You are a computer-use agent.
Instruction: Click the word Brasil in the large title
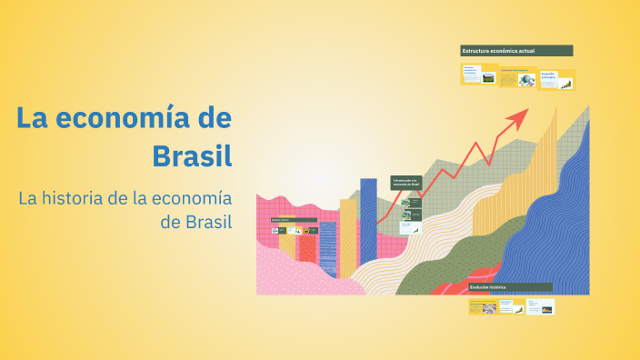pyautogui.click(x=192, y=154)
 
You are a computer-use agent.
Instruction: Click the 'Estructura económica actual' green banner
pyautogui.click(x=516, y=51)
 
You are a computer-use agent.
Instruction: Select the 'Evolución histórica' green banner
pyautogui.click(x=510, y=287)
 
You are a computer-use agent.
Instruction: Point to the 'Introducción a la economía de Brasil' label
pyautogui.click(x=405, y=183)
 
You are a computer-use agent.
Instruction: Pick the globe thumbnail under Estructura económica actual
pyautogui.click(x=526, y=80)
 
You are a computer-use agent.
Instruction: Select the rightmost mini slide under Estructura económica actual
pyautogui.click(x=556, y=79)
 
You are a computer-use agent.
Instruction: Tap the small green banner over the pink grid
pyautogui.click(x=293, y=220)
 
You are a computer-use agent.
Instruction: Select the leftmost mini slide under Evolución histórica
pyautogui.click(x=482, y=306)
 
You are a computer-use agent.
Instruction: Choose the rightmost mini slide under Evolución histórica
pyautogui.click(x=543, y=306)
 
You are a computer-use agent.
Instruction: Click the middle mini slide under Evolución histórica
pyautogui.click(x=513, y=306)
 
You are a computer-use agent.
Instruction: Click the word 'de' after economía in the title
pyautogui.click(x=214, y=117)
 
